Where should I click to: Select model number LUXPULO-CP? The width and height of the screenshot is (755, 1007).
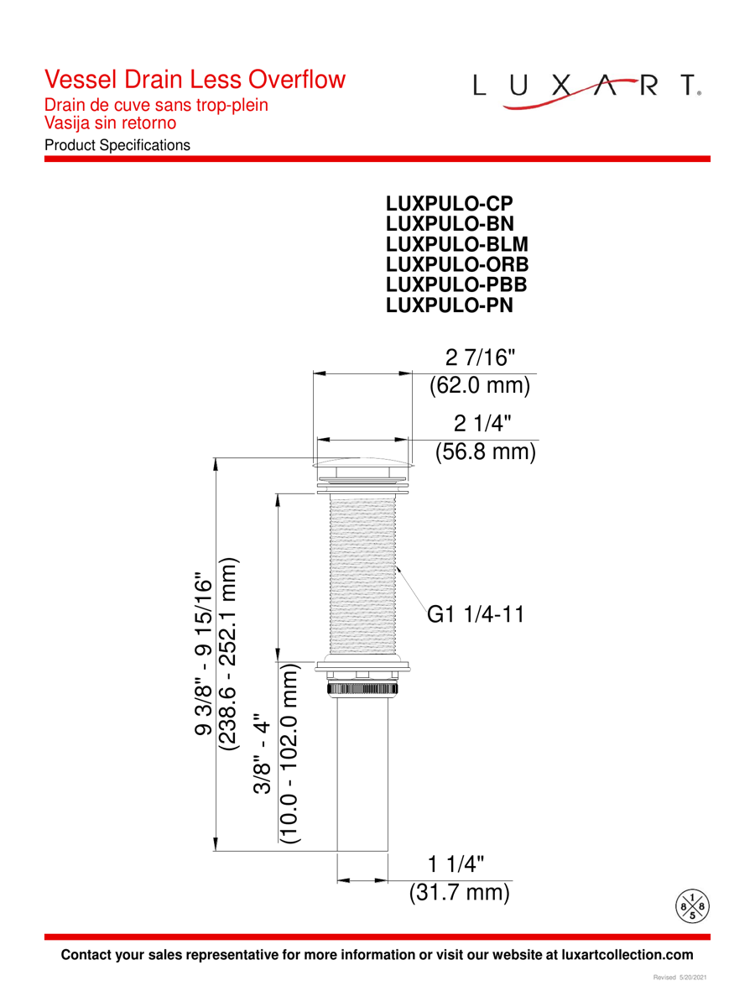click(x=450, y=203)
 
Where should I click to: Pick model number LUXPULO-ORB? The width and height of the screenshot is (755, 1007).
click(x=457, y=264)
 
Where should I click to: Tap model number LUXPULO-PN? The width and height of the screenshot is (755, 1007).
click(x=450, y=305)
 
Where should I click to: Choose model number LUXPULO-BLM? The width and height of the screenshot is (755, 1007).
click(x=457, y=244)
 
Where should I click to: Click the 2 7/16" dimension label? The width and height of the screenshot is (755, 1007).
click(x=480, y=357)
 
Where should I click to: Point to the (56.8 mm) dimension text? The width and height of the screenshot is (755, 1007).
click(x=486, y=451)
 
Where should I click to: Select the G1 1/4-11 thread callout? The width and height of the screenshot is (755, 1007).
click(x=476, y=614)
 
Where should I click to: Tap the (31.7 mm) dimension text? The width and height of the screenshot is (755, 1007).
click(x=460, y=892)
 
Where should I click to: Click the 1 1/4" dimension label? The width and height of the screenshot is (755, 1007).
click(x=456, y=864)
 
